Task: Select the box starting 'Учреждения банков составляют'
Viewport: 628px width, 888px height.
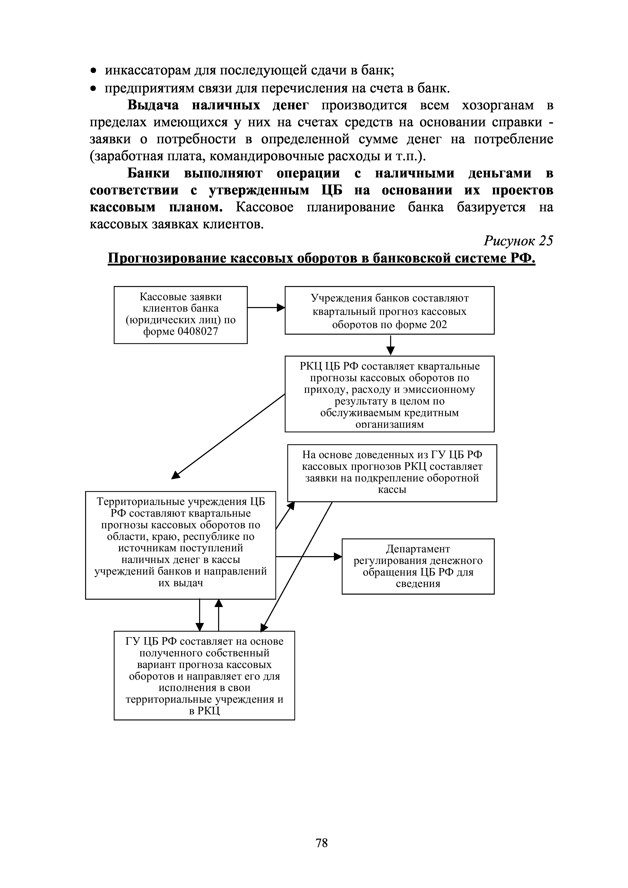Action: click(389, 310)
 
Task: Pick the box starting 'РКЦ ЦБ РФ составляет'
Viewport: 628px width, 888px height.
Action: click(389, 394)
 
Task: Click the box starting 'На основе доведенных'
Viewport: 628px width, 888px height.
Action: click(392, 473)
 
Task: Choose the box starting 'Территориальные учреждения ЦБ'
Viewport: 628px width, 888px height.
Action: click(180, 545)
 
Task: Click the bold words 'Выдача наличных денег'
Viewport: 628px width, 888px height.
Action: click(218, 106)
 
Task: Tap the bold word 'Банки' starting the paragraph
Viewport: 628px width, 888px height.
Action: click(149, 173)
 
